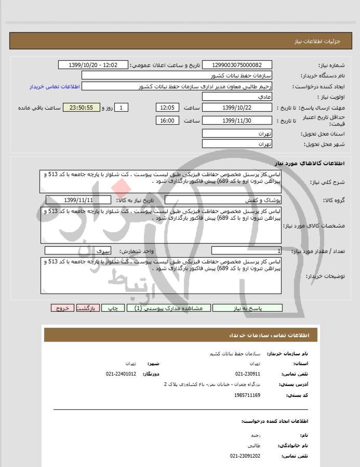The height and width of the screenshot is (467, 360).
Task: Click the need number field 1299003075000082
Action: point(236,65)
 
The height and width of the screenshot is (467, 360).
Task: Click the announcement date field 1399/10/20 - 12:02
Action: point(94,65)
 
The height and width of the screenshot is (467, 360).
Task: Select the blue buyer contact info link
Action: point(54,86)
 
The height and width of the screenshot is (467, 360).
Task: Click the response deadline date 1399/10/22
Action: point(236,108)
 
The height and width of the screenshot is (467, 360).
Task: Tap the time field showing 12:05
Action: point(167,108)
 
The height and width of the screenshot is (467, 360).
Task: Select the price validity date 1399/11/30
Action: point(236,121)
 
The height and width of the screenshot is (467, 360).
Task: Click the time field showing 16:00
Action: point(167,121)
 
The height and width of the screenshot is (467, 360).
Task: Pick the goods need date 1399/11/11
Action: point(78,200)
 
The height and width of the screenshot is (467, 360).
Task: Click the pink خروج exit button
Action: point(62,308)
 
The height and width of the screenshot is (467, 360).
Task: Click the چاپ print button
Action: point(113,308)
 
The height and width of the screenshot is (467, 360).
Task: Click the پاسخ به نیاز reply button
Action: point(247,308)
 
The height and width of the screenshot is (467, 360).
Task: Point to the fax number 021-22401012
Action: point(121,374)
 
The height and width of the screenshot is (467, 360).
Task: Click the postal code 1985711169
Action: point(248,395)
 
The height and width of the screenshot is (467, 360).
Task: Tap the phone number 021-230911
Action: point(248,374)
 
